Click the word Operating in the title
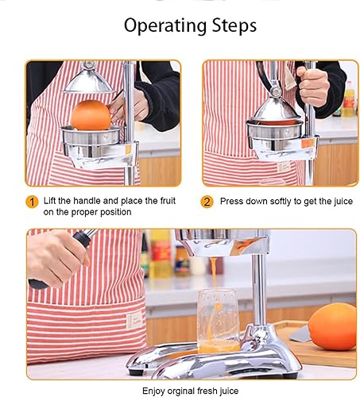157,25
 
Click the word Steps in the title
230,25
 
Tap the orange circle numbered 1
33,202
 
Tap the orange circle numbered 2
207,202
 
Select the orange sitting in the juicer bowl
90,115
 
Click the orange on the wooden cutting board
332,326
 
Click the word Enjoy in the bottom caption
156,390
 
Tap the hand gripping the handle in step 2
311,83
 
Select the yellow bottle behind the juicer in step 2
347,99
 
